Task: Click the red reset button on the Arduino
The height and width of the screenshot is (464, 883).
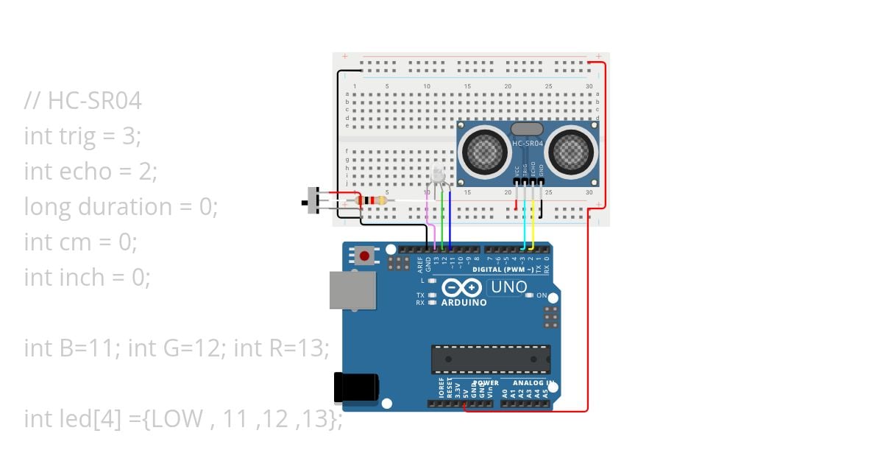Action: coord(364,256)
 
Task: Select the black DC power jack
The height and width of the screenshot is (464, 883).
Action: coord(357,387)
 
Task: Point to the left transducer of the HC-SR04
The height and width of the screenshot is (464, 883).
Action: coord(484,152)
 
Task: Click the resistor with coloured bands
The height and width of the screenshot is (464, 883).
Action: coord(371,200)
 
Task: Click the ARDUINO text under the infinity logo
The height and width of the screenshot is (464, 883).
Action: coord(464,302)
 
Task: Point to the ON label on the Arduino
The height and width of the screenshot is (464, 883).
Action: coord(542,295)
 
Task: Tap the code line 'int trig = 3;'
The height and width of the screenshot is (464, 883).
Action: coord(82,136)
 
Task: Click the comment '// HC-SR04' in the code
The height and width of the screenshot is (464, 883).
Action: coord(82,101)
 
